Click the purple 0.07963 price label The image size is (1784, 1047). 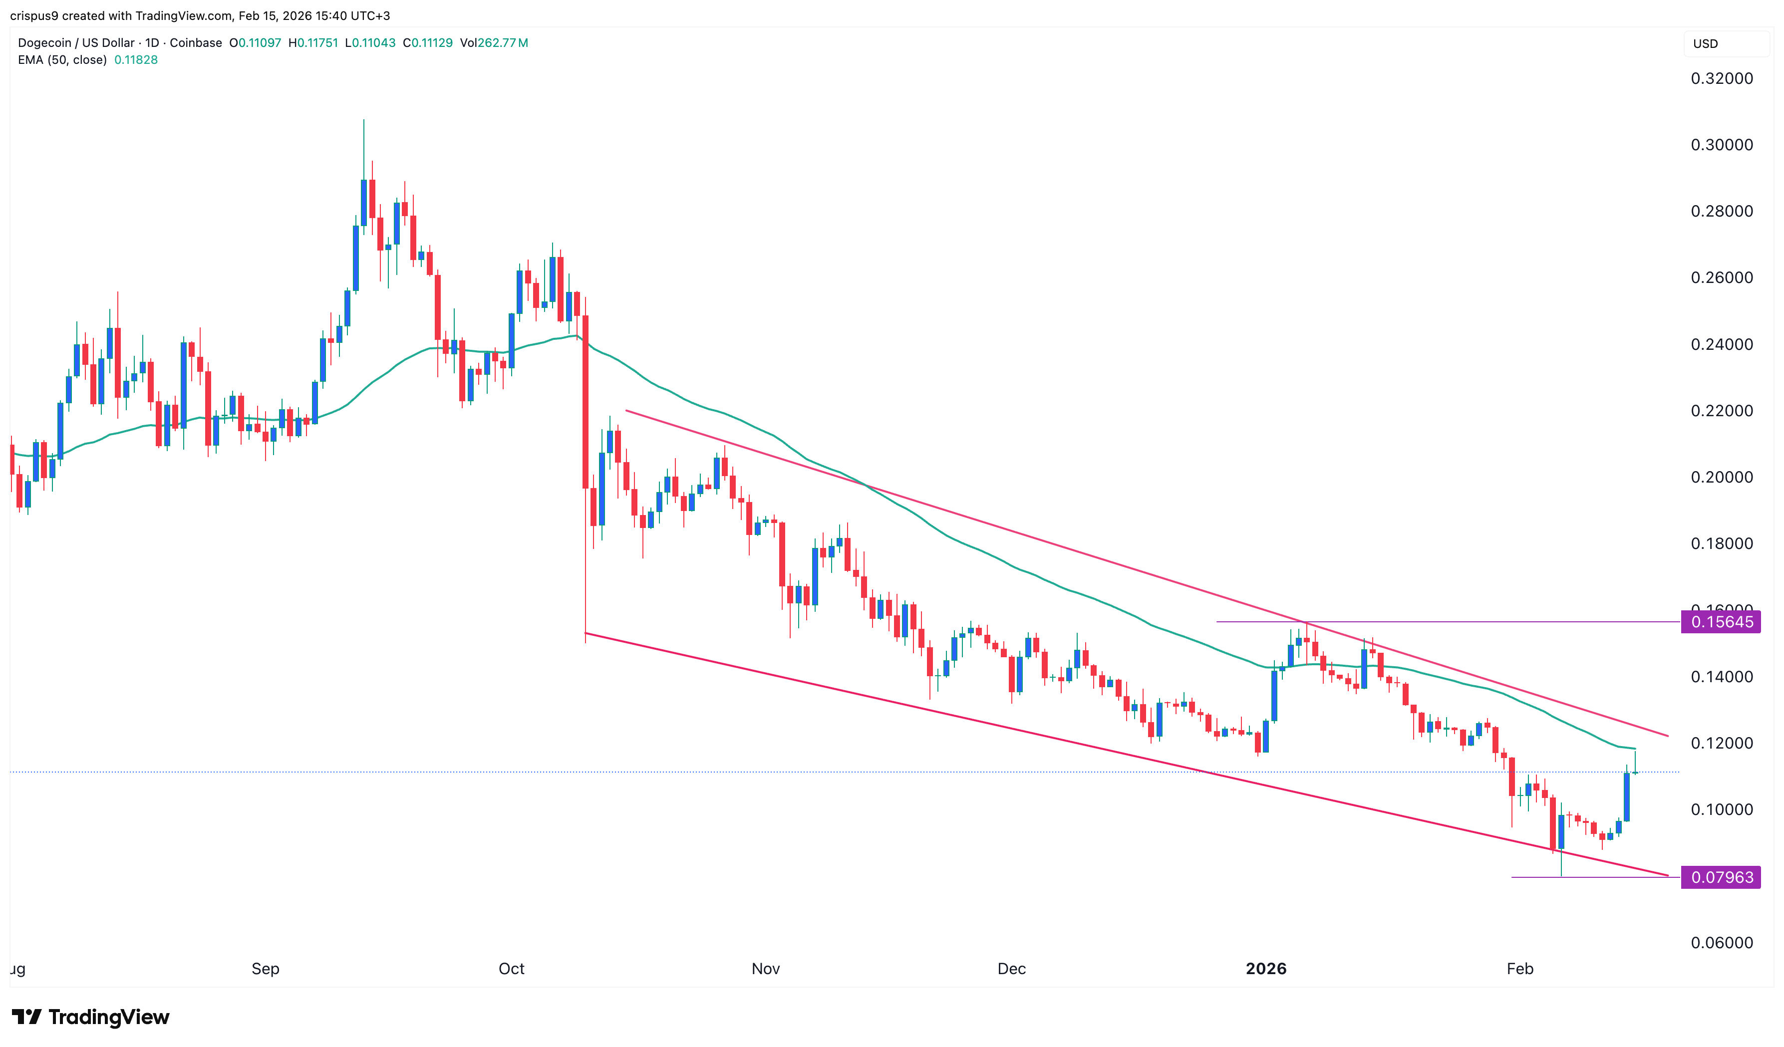1721,878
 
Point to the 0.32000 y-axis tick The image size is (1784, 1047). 1722,78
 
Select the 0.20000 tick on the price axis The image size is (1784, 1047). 1722,477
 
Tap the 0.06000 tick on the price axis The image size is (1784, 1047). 1722,943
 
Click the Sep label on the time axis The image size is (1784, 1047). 266,969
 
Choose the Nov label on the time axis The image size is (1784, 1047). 765,969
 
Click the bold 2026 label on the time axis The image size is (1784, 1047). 1266,969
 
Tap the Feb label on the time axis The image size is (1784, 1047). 1520,969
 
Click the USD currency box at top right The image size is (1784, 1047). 1706,44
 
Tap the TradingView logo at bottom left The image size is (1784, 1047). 91,1017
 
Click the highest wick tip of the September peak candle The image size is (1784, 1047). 364,120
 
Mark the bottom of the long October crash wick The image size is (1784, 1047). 586,641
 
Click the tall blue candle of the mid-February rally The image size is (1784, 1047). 1627,797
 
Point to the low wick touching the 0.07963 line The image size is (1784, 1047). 1561,875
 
